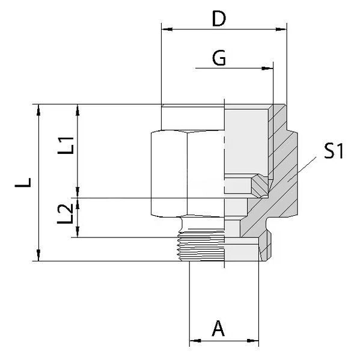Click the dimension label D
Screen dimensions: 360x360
pyautogui.click(x=219, y=19)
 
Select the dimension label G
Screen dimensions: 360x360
pyautogui.click(x=219, y=58)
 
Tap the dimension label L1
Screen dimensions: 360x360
pyautogui.click(x=66, y=145)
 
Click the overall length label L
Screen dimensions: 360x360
pyautogui.click(x=23, y=183)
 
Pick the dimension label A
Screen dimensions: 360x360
pyautogui.click(x=218, y=329)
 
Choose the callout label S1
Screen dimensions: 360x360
pyautogui.click(x=334, y=151)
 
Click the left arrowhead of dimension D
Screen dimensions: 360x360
pyautogui.click(x=167, y=29)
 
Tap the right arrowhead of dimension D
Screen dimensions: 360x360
pyautogui.click(x=281, y=29)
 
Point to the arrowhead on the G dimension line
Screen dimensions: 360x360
pyautogui.click(x=267, y=68)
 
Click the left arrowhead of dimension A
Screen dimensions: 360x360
pyautogui.click(x=195, y=341)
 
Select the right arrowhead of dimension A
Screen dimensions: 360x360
pyautogui.click(x=253, y=341)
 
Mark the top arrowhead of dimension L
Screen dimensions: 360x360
pyautogui.click(x=38, y=110)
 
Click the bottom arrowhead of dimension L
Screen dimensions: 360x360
pyautogui.click(x=38, y=255)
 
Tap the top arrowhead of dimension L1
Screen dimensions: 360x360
pyautogui.click(x=78, y=110)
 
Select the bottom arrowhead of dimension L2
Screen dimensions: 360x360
pyautogui.click(x=78, y=231)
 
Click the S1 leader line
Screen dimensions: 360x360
pyautogui.click(x=302, y=169)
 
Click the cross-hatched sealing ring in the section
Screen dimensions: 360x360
pyautogui.click(x=260, y=186)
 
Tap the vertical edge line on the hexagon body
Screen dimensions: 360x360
pyautogui.click(x=187, y=174)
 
